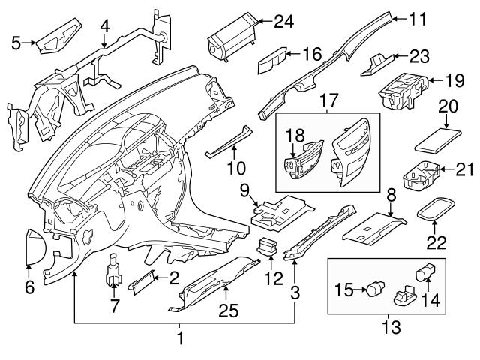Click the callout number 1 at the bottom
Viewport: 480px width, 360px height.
coord(180,339)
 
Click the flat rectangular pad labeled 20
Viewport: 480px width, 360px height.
coord(438,139)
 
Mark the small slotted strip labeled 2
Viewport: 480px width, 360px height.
coord(142,283)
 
